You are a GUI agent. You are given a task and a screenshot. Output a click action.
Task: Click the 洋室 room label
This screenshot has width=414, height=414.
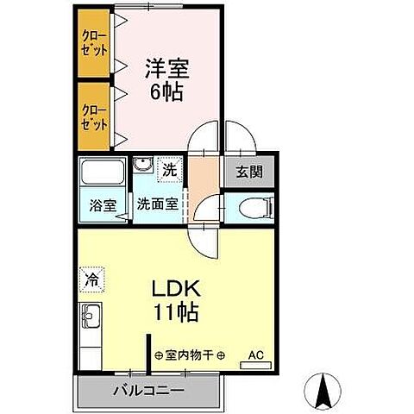(x=166, y=67)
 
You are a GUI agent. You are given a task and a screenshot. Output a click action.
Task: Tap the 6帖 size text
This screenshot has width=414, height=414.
(x=166, y=91)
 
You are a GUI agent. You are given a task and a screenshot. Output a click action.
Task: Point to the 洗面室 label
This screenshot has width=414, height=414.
(x=158, y=205)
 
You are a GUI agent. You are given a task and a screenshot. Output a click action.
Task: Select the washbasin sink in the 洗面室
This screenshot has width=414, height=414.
(x=143, y=166)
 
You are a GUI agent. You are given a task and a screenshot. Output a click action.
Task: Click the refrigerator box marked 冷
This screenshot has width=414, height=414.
(x=91, y=279)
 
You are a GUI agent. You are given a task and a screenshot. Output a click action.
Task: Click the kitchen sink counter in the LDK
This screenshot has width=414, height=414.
(x=91, y=332)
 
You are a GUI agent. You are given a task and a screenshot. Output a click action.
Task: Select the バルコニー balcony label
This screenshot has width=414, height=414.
(x=147, y=390)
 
